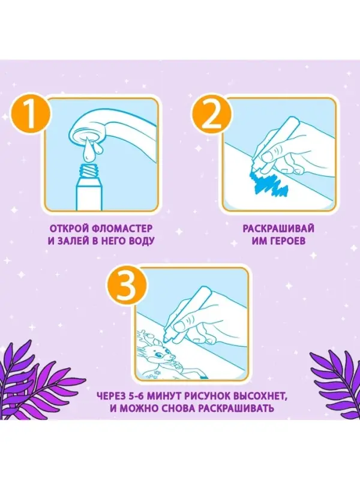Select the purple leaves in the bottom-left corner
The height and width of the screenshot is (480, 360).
tap(33, 375)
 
